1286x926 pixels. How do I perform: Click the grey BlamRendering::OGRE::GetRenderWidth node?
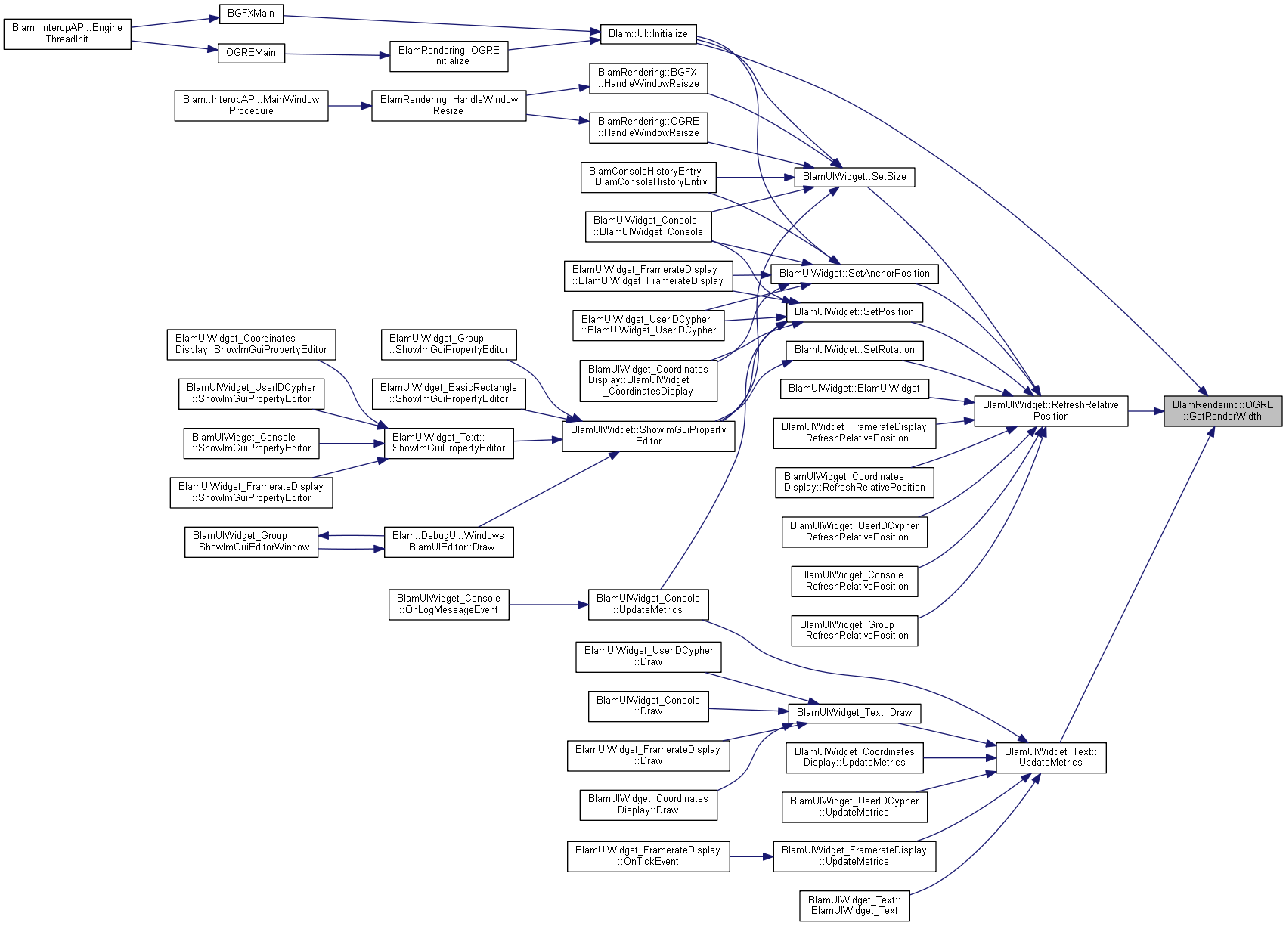click(1222, 411)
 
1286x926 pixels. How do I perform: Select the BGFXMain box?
click(251, 14)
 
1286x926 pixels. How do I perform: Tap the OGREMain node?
click(251, 53)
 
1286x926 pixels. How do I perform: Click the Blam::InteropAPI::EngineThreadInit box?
click(67, 34)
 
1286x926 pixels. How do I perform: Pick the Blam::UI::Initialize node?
click(648, 34)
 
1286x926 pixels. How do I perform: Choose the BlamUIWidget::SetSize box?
click(854, 177)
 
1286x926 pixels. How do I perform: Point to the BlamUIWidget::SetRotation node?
click(854, 350)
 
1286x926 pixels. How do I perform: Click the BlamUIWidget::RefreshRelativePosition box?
click(1051, 411)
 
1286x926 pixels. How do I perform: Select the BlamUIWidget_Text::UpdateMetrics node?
click(1051, 757)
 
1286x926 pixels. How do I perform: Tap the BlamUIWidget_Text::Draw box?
click(854, 713)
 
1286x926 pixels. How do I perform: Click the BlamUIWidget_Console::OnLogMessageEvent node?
click(448, 605)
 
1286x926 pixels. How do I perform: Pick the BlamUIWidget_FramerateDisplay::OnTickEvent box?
click(648, 856)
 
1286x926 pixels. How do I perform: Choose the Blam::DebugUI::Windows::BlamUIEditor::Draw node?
click(448, 542)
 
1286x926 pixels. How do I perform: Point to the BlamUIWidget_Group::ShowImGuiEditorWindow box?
click(251, 542)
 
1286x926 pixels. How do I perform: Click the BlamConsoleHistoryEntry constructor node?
click(648, 177)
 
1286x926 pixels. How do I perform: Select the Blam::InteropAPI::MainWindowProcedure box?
click(251, 106)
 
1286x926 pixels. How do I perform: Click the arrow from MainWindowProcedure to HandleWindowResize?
click(349, 106)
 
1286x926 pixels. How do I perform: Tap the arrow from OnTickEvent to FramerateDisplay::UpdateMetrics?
click(751, 856)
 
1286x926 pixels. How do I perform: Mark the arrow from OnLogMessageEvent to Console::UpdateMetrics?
click(548, 605)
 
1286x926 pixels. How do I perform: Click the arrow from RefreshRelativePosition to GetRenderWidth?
click(1145, 411)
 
